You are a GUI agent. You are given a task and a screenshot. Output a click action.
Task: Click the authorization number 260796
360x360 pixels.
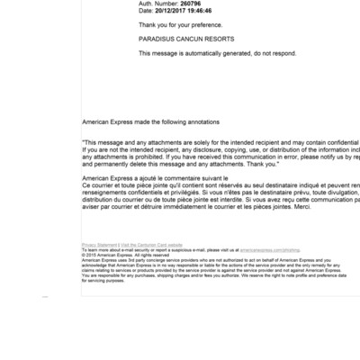[190, 4]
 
